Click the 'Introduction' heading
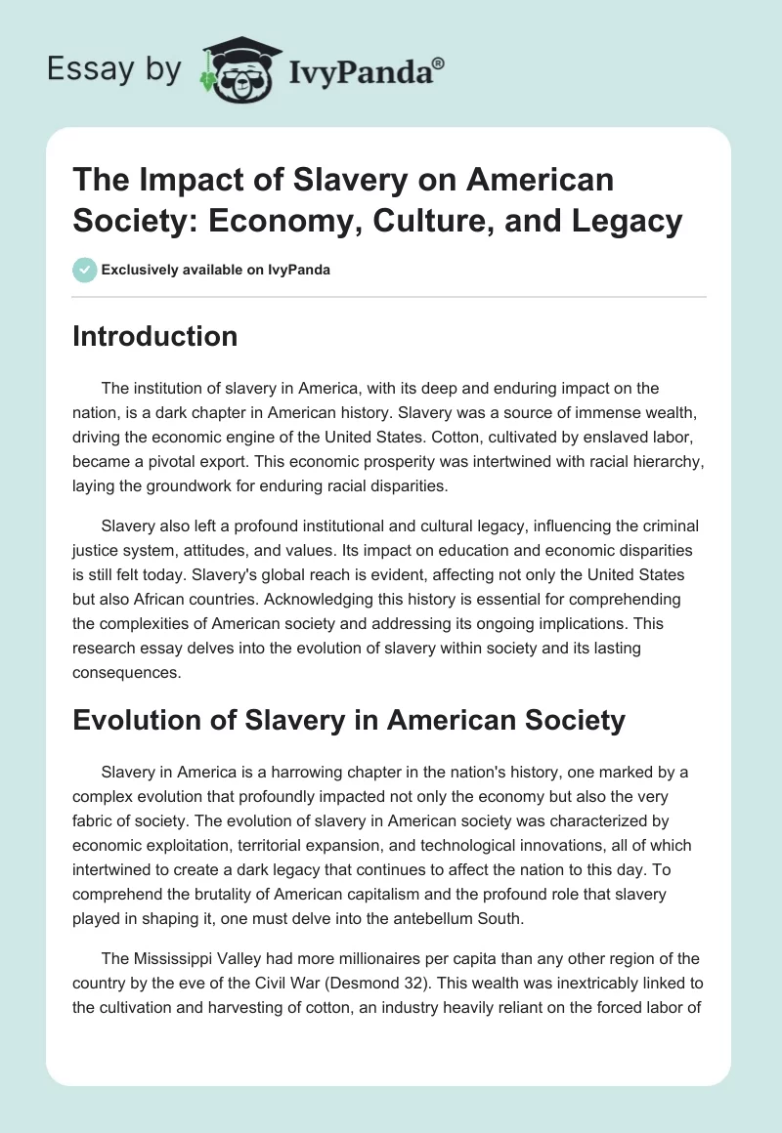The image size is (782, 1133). tap(155, 336)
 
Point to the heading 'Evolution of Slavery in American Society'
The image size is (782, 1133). tap(349, 721)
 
